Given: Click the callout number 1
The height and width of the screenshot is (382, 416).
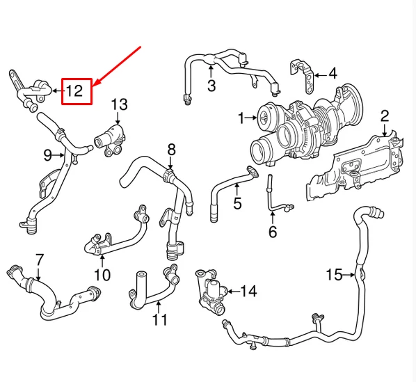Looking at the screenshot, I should point(241,119).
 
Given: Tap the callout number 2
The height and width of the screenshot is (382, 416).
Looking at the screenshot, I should point(384,116).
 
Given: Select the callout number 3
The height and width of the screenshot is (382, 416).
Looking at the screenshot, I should point(211,86).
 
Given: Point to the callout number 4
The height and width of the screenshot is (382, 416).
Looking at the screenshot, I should point(333,73).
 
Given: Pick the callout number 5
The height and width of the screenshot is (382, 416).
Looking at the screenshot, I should point(237,204).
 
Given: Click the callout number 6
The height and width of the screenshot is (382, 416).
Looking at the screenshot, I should point(272,231).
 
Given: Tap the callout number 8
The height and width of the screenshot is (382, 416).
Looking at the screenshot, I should point(171,149).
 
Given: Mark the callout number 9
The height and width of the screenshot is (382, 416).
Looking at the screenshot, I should point(48,154).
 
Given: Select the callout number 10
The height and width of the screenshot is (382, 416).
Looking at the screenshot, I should point(102,274).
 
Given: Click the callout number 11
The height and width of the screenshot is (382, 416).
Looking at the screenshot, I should point(160,321).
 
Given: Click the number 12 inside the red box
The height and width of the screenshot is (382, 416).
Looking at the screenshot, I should point(76,90).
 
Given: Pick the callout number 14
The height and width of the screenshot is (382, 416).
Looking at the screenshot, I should point(248,291).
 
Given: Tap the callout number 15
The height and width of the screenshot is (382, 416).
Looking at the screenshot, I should point(334,276).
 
